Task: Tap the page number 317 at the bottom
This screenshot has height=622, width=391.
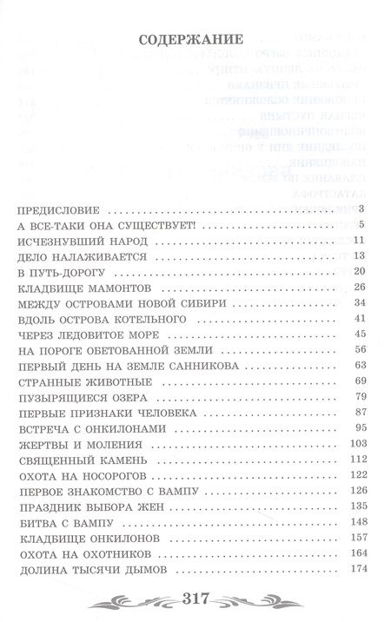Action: [195, 598]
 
